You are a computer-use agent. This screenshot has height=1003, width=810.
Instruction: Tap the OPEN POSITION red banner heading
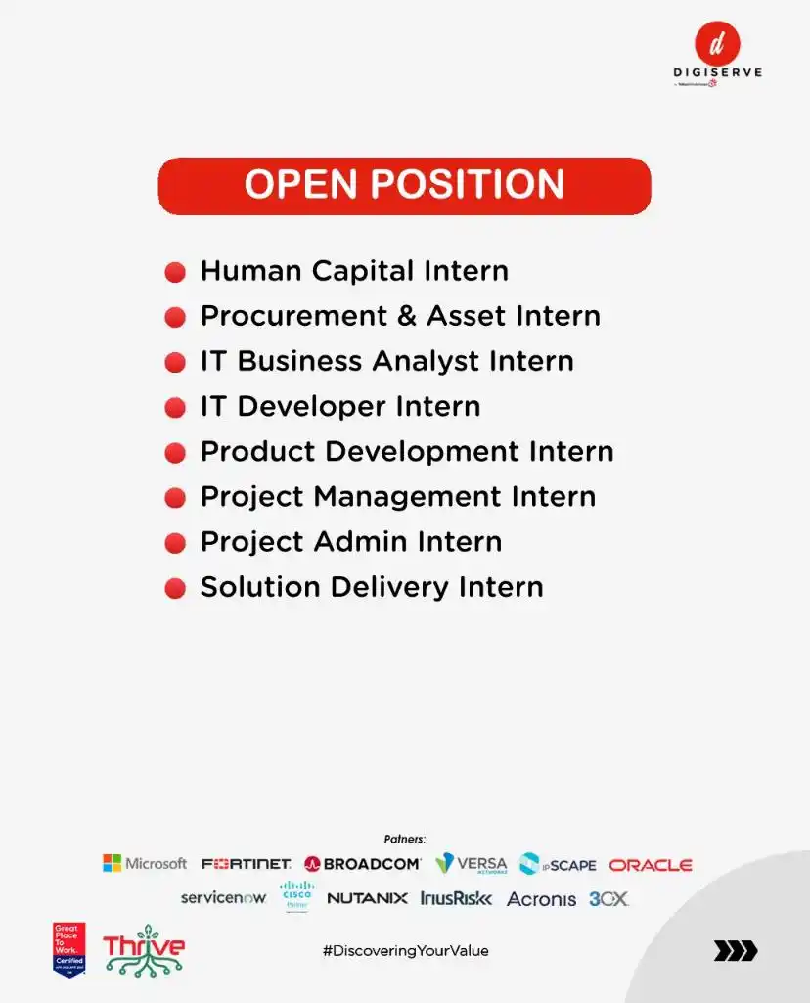click(404, 186)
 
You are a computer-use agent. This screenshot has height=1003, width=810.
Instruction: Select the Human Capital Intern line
click(354, 271)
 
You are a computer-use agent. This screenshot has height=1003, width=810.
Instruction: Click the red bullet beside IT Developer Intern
click(175, 408)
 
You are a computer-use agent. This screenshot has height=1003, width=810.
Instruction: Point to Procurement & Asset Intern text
click(400, 316)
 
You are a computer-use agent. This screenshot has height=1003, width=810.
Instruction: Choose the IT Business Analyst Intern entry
click(386, 361)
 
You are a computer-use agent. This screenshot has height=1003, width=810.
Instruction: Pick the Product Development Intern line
click(407, 451)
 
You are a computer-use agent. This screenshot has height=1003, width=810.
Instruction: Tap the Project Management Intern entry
click(397, 496)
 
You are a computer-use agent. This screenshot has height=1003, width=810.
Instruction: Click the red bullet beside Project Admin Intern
click(175, 543)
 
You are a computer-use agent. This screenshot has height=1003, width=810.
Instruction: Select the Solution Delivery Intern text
click(372, 587)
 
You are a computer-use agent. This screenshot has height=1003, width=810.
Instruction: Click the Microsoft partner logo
click(145, 863)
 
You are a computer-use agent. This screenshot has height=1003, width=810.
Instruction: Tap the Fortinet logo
click(247, 864)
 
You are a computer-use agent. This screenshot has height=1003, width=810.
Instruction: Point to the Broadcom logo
click(363, 864)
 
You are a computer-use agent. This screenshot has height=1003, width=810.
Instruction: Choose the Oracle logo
click(651, 865)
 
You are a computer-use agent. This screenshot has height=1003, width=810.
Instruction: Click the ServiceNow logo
click(223, 897)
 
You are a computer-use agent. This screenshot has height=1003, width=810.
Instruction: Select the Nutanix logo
click(367, 898)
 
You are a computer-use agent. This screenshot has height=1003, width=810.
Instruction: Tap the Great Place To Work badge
click(69, 948)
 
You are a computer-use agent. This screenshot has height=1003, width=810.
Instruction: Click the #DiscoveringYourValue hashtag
click(405, 950)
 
